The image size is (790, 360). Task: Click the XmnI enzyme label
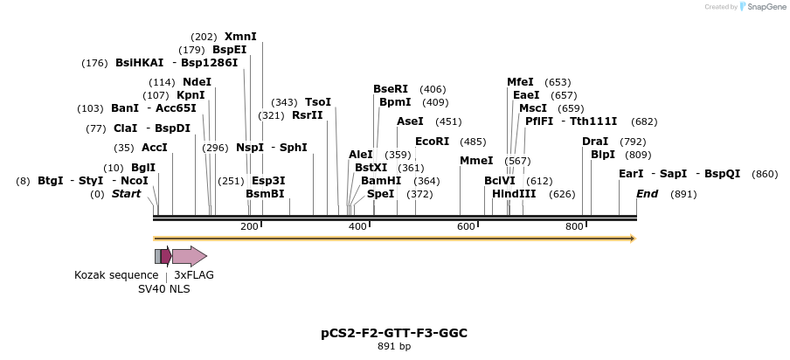coord(240,37)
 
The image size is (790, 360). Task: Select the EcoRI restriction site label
coord(432,142)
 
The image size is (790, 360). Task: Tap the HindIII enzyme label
coord(514,194)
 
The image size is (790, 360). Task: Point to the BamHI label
coord(381,181)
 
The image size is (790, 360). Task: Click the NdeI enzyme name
coord(197,82)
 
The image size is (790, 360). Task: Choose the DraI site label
coord(595,142)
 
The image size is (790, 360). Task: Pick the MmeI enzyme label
coord(476,161)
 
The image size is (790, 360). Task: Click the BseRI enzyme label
coord(391,89)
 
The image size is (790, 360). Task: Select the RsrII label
coord(307,115)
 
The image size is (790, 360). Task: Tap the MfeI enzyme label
coord(520,82)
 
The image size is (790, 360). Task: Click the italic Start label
coord(126,194)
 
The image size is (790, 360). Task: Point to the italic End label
coord(647,194)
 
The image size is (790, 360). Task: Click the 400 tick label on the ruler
coord(357,227)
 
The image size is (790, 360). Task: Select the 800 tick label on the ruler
coord(574,227)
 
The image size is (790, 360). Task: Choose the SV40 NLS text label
coord(163,289)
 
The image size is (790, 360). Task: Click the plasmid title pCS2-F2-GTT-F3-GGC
coord(394,333)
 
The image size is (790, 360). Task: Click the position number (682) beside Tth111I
coord(644,121)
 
